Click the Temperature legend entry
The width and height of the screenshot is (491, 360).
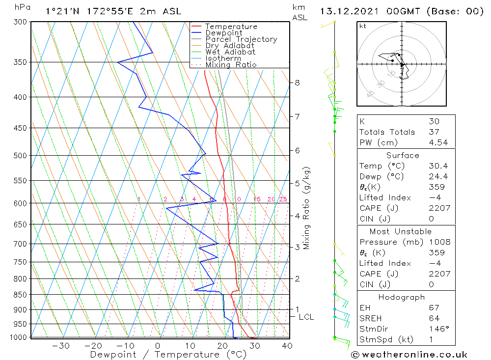tap(230, 27)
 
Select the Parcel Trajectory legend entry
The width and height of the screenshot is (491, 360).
tap(241, 39)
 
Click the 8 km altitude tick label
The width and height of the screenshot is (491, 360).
tap(298, 83)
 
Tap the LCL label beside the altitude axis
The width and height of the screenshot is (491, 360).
tap(306, 317)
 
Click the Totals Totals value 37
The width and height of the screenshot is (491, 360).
tap(434, 132)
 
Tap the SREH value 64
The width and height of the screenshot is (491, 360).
tap(434, 318)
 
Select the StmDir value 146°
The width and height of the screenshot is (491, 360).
tap(436, 329)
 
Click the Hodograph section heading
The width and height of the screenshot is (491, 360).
tap(402, 297)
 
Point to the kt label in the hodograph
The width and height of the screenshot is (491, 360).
tap(362, 26)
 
